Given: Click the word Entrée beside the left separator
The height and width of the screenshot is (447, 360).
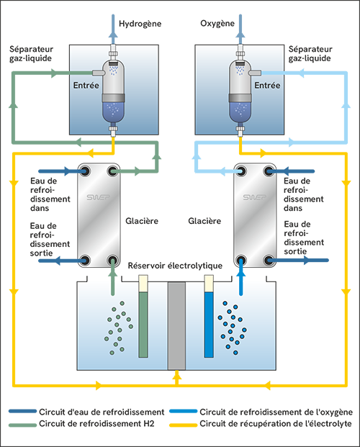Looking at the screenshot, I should point(86,84).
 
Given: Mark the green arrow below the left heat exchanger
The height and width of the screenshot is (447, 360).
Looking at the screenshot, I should point(112,274).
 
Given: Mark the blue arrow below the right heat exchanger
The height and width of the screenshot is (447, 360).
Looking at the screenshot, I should point(240,274).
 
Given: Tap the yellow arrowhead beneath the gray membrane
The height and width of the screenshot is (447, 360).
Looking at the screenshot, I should point(176,374).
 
